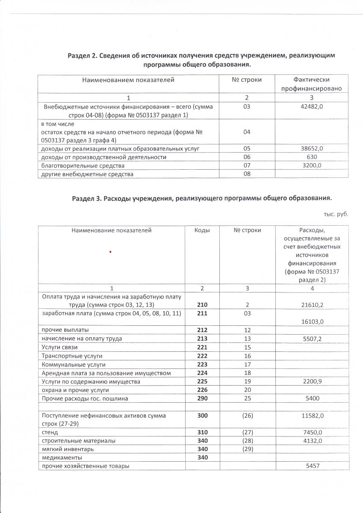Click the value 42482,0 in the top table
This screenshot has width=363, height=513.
[x=312, y=106]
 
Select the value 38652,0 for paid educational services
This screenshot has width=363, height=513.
[x=312, y=148]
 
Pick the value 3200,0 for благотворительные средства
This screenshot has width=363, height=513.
[x=312, y=165]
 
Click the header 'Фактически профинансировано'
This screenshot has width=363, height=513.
[x=312, y=84]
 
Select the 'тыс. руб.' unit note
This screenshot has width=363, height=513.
[x=336, y=214]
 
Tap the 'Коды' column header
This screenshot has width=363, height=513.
[x=202, y=230]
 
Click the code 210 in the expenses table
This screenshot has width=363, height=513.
[x=202, y=304]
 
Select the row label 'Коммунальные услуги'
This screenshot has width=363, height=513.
[x=73, y=365]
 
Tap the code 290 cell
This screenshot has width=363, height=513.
[x=202, y=398]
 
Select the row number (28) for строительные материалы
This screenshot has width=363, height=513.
[x=247, y=440]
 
